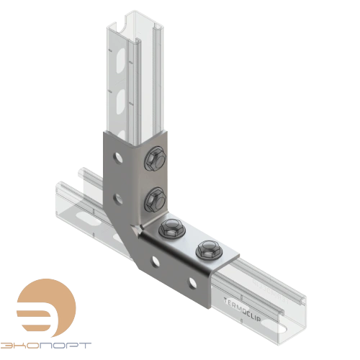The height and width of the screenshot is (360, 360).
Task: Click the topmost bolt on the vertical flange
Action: (x=154, y=160)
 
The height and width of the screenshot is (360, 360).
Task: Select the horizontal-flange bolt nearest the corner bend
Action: (x=171, y=230)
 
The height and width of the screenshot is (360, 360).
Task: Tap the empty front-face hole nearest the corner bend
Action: (x=153, y=258)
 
